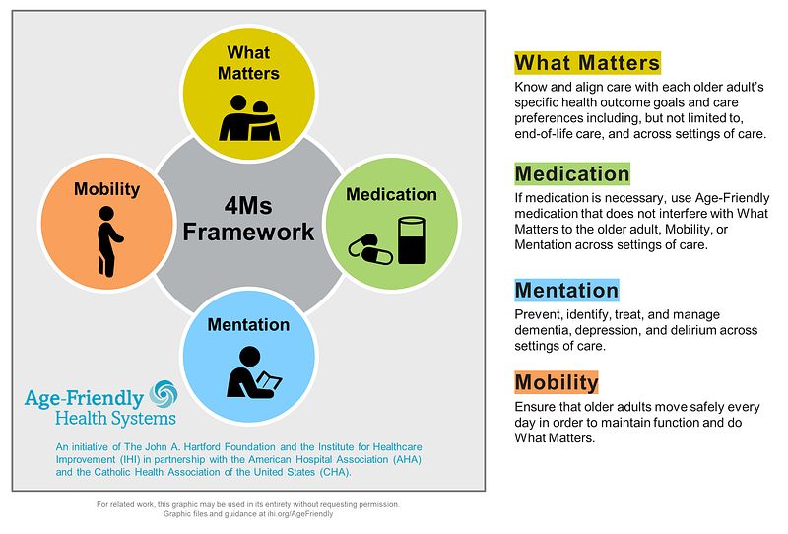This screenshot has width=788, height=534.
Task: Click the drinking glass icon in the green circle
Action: (410, 240)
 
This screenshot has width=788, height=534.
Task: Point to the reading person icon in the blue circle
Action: (252, 369)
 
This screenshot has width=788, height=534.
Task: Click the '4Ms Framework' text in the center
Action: (253, 219)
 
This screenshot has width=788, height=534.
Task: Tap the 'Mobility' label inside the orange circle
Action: (107, 190)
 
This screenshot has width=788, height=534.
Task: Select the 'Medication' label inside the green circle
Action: (391, 194)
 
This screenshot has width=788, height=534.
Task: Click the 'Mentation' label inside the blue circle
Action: (248, 324)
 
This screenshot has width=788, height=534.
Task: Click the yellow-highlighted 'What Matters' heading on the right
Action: (587, 63)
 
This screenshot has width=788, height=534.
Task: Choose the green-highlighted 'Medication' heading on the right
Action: (571, 174)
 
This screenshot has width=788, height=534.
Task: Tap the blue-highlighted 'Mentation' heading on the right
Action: (566, 290)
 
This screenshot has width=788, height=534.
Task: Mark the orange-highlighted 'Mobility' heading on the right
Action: (557, 382)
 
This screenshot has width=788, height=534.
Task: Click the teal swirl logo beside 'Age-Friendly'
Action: (164, 397)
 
